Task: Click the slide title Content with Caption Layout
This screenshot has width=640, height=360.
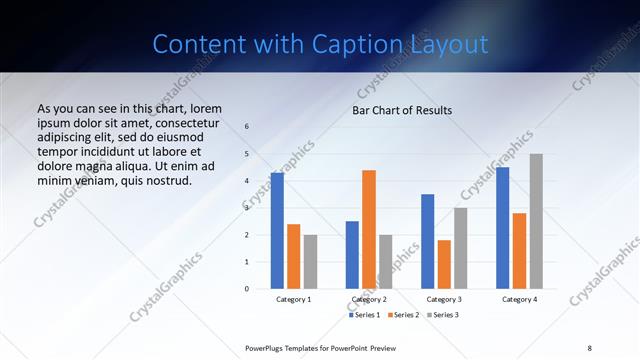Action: (320, 45)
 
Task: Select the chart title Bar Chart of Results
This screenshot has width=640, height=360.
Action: (402, 110)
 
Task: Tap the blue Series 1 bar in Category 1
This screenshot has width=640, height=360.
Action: (277, 231)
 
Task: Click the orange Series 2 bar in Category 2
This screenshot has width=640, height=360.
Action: (369, 229)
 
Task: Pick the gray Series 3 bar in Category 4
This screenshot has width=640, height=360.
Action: (536, 221)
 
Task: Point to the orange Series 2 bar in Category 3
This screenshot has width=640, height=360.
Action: (444, 264)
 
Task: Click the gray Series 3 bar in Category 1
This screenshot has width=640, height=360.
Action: (310, 261)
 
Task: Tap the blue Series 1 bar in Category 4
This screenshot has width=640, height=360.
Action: (502, 228)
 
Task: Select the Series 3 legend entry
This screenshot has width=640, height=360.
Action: (441, 315)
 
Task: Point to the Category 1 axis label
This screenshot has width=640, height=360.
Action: (294, 299)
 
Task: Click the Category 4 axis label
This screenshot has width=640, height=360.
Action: (519, 299)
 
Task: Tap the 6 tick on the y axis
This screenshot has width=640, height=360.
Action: (247, 127)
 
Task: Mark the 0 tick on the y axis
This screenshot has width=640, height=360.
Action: (247, 289)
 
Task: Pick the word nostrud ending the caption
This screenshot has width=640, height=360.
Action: (166, 180)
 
